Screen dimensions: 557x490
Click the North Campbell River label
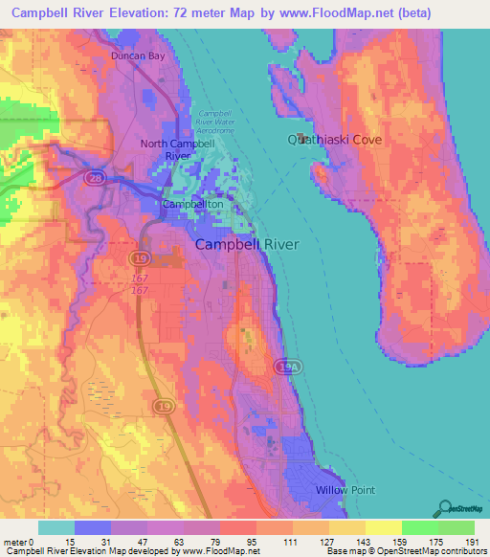click(177, 148)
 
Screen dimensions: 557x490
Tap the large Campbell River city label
click(247, 244)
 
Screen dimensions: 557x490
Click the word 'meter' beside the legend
click(15, 542)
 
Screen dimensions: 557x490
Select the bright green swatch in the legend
click(420, 527)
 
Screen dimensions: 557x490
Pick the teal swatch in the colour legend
click(56, 527)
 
